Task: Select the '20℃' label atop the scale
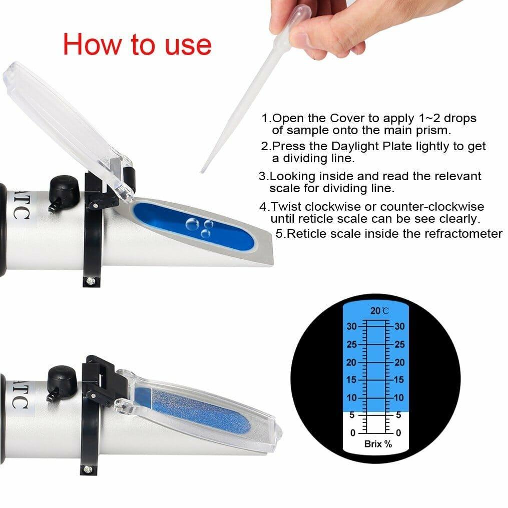(x=379, y=311)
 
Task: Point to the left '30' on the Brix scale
(x=352, y=326)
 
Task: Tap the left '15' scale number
(x=352, y=380)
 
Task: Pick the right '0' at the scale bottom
(x=398, y=432)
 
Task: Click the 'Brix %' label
(x=378, y=444)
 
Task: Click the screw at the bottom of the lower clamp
(x=88, y=469)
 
